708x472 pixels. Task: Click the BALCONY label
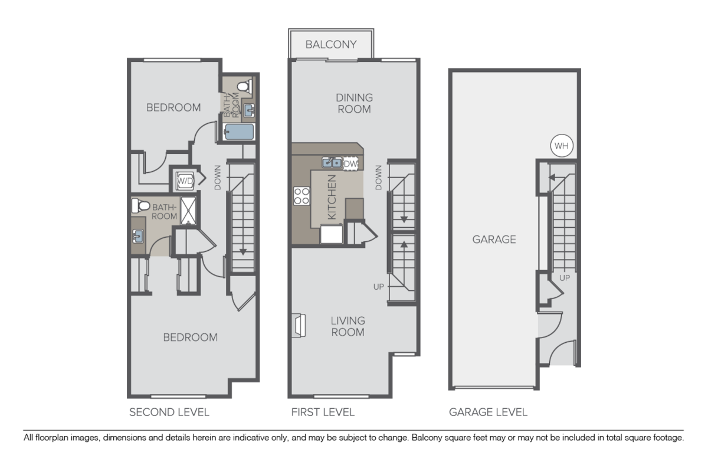pos(331,45)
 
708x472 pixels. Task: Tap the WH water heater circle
pos(562,145)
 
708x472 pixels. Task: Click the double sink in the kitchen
pos(331,163)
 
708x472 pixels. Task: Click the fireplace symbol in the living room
pos(299,325)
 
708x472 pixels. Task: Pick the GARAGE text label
pos(494,240)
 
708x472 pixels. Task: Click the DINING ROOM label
pos(354,103)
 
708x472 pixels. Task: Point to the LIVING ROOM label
pos(348,326)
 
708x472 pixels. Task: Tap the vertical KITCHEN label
pos(332,197)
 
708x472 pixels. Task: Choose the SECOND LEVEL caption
pos(169,412)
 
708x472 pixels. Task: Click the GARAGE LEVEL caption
pos(488,412)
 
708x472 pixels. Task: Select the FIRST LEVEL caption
pos(323,412)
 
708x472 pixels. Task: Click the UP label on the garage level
pos(564,277)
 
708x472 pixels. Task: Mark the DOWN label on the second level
pos(218,177)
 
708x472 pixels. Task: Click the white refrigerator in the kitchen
pos(332,234)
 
